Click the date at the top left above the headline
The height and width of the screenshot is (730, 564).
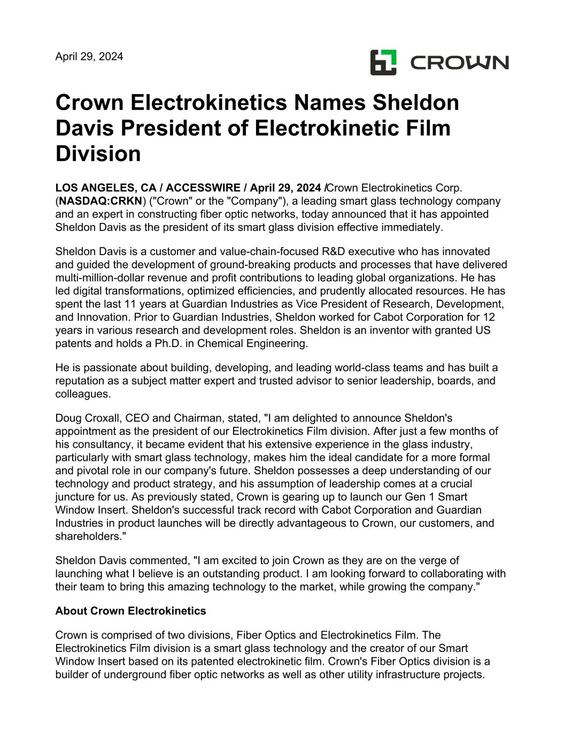point(89,56)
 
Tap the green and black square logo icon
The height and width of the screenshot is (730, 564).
point(383,62)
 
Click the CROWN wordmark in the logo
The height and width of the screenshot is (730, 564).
point(459,63)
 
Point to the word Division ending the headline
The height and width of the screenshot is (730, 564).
point(98,154)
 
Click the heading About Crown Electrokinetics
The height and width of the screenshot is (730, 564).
point(130,611)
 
